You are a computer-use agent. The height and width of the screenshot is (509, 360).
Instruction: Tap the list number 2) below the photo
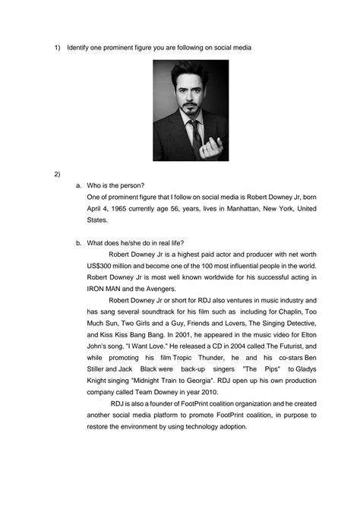57,174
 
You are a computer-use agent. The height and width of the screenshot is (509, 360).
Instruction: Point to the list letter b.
78,243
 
